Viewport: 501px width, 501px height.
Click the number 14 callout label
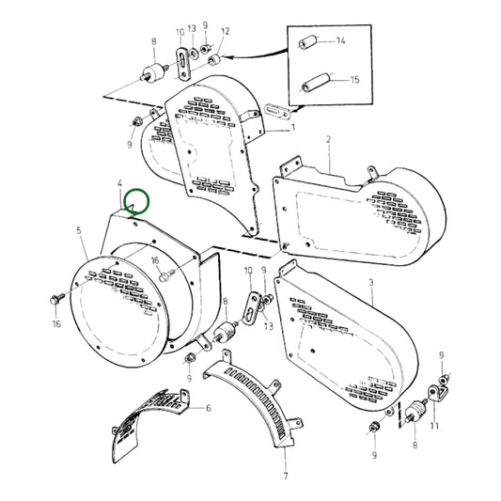(x=341, y=41)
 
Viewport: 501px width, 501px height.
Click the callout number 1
(x=293, y=127)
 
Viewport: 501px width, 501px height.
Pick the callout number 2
(x=328, y=139)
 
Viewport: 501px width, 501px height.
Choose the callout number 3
(x=372, y=282)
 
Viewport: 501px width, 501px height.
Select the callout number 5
(x=78, y=228)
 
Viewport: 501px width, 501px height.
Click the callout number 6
(x=208, y=408)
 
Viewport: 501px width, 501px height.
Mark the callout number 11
(x=433, y=426)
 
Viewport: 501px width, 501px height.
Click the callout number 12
(x=225, y=31)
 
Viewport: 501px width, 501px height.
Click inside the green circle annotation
(x=137, y=200)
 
